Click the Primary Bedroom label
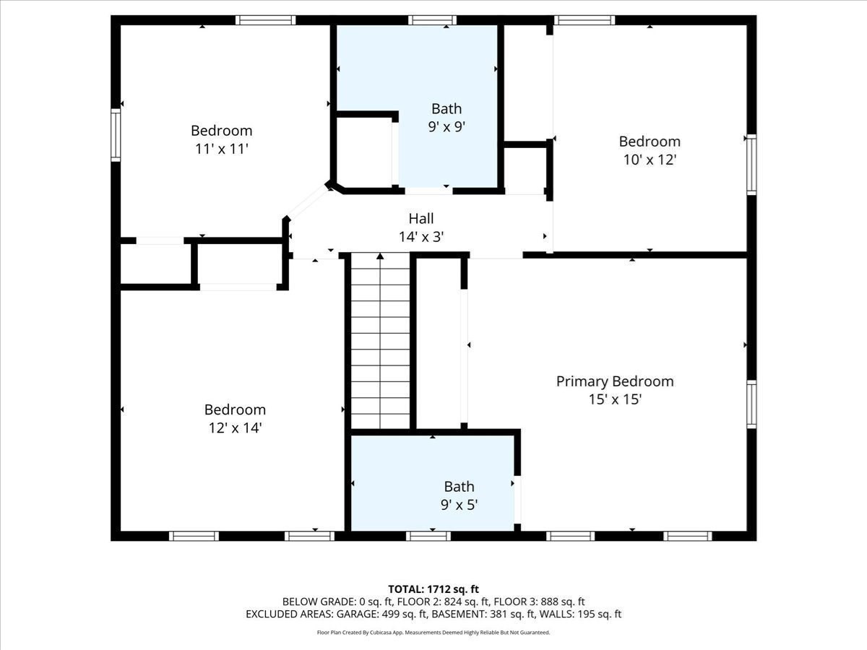click(615, 381)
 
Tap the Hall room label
click(421, 219)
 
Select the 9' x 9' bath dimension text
click(447, 126)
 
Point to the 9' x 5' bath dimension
click(460, 505)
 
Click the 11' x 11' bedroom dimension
click(222, 149)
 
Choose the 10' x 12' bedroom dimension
click(650, 160)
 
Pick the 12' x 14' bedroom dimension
click(235, 428)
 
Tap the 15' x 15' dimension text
click(615, 399)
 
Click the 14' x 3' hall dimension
click(421, 237)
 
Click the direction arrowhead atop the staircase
click(380, 256)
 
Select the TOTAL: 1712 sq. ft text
click(433, 589)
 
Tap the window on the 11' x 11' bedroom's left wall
click(116, 135)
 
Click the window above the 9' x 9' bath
click(432, 20)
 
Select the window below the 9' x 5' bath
click(428, 536)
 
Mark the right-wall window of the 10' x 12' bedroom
click(751, 165)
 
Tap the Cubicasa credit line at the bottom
click(433, 633)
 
